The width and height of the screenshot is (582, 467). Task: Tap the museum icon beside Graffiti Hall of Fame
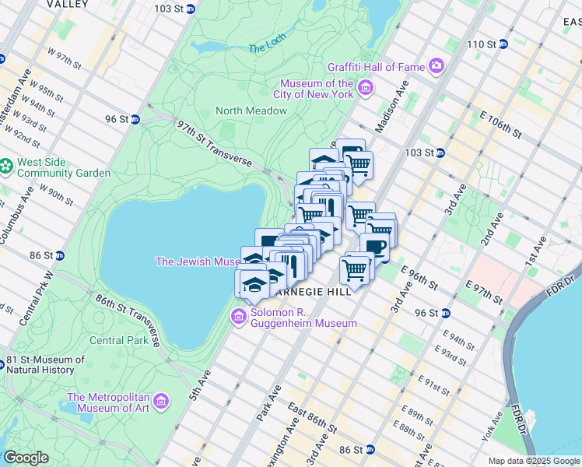[x=436, y=67]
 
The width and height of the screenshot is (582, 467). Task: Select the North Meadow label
[x=251, y=111]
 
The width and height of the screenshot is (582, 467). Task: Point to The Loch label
[x=268, y=48]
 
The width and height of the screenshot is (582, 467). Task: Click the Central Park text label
[x=118, y=340]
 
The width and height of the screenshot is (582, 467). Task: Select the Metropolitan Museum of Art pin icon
[x=161, y=402]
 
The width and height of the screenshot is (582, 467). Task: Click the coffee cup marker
[x=375, y=248]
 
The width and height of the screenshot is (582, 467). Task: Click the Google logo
[x=26, y=458]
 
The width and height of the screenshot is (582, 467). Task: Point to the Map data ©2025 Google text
[x=533, y=461]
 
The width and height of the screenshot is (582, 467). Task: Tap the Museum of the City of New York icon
[x=365, y=93]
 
